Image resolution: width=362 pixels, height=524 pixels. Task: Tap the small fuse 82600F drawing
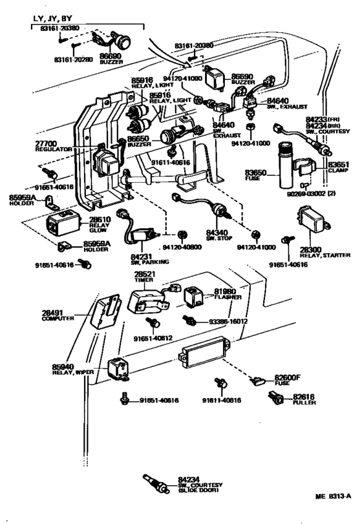click(260, 381)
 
